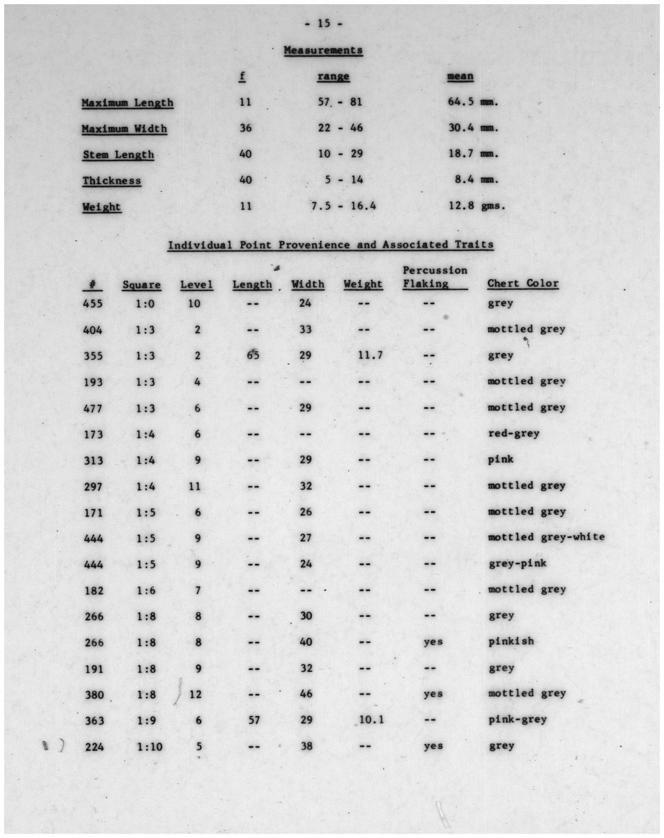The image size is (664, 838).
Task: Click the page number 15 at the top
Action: click(323, 23)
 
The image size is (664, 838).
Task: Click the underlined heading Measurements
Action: click(323, 50)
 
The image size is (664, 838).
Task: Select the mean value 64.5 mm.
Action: click(473, 101)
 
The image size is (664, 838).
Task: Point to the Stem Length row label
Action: click(118, 154)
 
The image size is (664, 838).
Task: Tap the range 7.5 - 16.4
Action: click(343, 206)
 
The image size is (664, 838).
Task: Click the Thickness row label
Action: click(111, 180)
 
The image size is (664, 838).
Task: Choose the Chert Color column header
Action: click(522, 283)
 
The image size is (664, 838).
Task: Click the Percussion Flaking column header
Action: click(434, 277)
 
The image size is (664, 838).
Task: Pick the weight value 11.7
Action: click(370, 355)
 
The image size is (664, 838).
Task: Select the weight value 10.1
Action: click(371, 720)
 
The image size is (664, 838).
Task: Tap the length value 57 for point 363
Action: click(254, 720)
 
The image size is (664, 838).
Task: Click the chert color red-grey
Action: click(513, 433)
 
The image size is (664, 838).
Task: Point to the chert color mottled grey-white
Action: click(546, 537)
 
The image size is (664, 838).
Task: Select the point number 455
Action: click(94, 303)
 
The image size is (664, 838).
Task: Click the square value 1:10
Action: click(149, 746)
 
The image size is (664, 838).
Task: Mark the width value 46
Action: click(306, 693)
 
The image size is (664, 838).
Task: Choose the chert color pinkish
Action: click(511, 641)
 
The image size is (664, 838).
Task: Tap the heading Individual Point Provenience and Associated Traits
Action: click(330, 245)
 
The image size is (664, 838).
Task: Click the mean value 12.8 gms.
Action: click(476, 205)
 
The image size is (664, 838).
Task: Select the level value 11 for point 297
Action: click(195, 486)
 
